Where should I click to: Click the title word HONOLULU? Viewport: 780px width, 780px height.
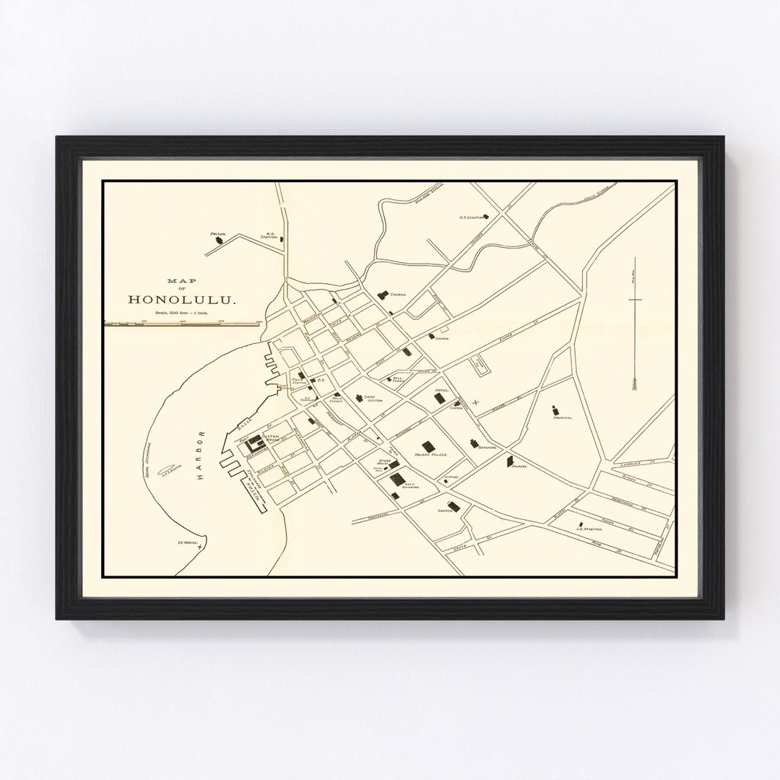pos(174,298)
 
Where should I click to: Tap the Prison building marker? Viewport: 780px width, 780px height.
pos(217,243)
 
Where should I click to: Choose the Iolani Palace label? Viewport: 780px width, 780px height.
pos(432,455)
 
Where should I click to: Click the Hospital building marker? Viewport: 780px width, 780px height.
pos(555,409)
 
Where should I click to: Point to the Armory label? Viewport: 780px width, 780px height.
pos(521,467)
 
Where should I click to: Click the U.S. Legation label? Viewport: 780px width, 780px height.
pos(472,217)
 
